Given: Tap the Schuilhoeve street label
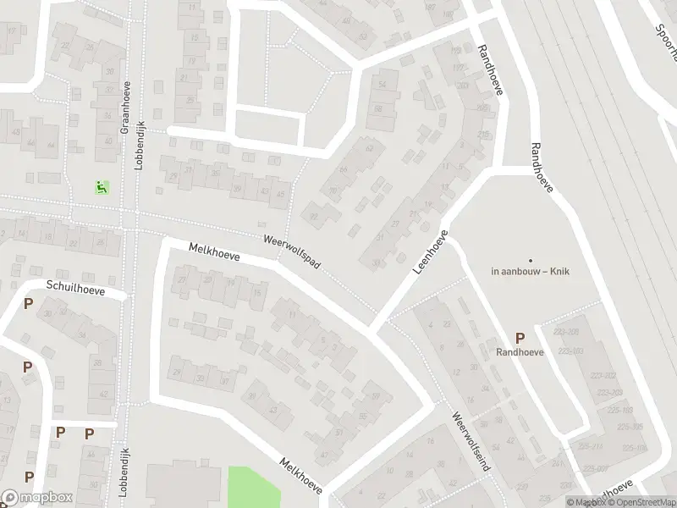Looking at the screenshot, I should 76,289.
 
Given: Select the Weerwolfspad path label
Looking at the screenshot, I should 292,252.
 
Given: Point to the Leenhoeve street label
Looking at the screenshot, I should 430,251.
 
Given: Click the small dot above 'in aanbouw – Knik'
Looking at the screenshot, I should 531,260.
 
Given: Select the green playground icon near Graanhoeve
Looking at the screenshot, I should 102,188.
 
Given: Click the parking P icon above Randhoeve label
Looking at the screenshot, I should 520,338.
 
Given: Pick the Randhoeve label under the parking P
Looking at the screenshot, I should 520,351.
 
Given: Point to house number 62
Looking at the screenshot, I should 369,149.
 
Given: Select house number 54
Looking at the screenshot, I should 383,84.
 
